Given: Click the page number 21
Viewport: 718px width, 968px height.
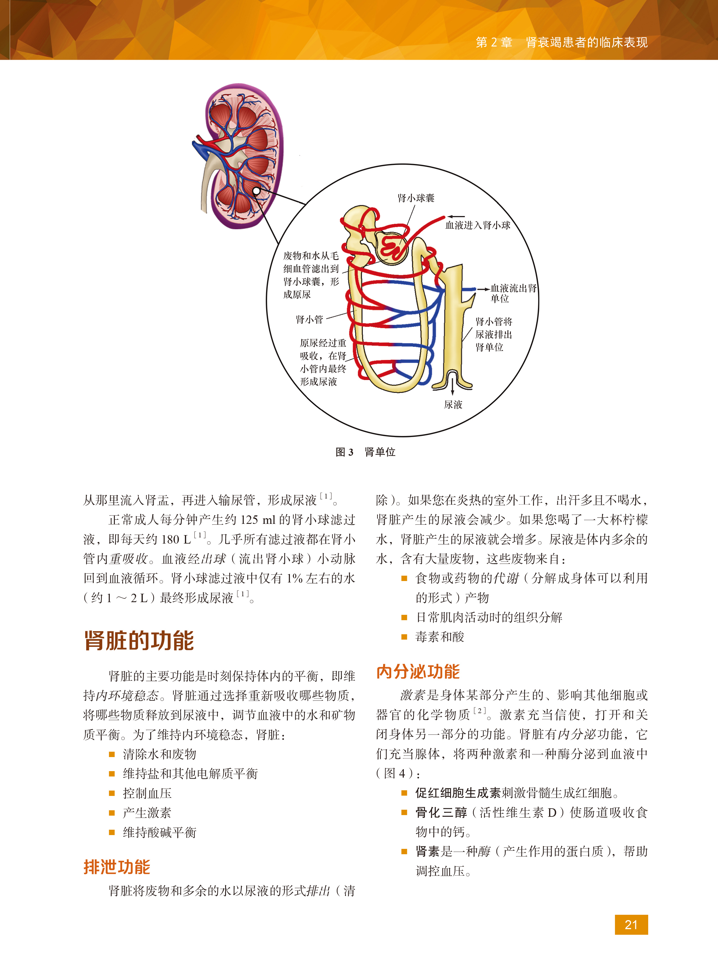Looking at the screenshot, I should (x=631, y=925).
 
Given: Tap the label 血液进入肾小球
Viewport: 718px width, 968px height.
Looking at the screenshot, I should (x=478, y=225).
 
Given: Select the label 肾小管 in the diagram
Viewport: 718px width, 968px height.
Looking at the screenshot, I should (x=309, y=320).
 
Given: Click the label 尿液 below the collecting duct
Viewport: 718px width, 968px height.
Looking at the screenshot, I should (x=453, y=404).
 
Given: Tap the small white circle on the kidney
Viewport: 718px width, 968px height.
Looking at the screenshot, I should (x=256, y=191).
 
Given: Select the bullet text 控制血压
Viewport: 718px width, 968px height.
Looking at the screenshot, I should (x=147, y=793).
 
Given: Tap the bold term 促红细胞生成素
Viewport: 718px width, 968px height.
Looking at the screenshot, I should (x=458, y=793).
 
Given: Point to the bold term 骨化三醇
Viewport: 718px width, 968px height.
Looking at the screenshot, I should (x=441, y=812).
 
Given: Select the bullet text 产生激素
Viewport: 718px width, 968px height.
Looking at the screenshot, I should (x=147, y=813).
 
